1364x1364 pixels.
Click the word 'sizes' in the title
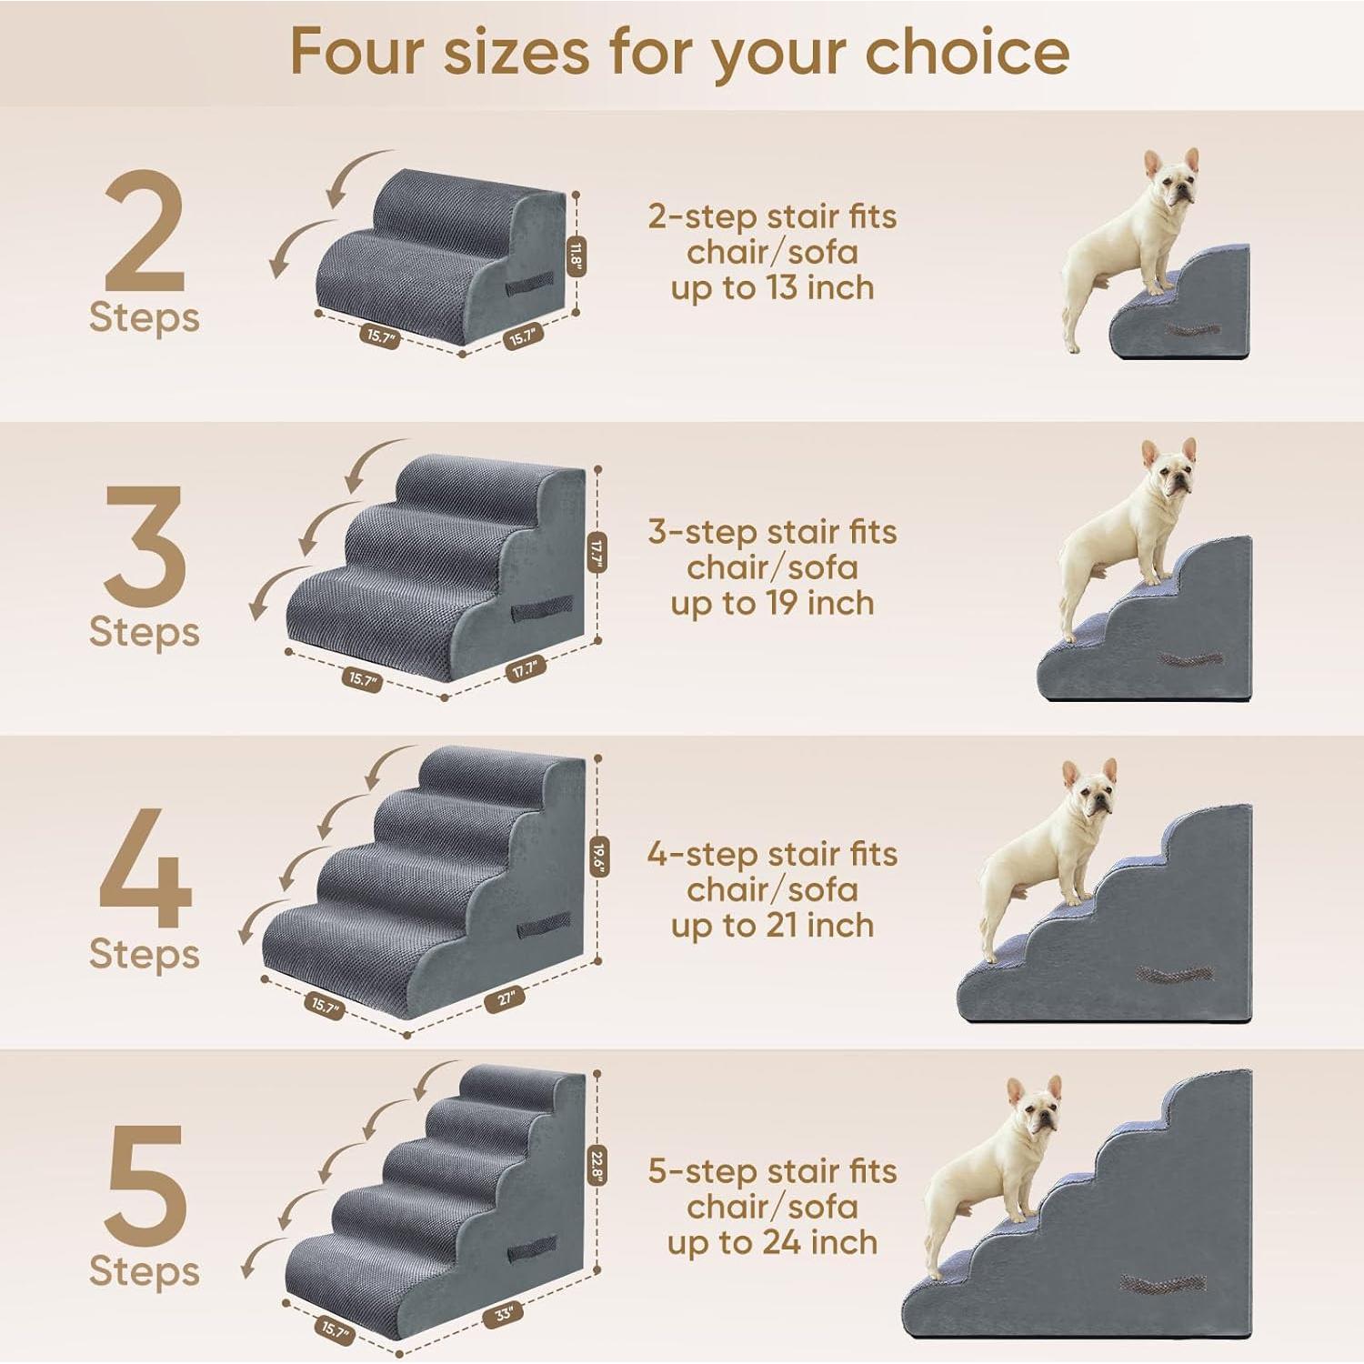coord(516,52)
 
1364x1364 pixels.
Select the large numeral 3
coord(145,546)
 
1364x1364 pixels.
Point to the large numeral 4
coord(145,868)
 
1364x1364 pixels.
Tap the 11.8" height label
coord(575,254)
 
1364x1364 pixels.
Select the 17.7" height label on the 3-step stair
coord(597,551)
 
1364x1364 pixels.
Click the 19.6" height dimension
coord(597,856)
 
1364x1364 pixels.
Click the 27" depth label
coord(506,998)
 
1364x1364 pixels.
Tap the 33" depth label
coord(504,1314)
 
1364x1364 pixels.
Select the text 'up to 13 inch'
coord(772,288)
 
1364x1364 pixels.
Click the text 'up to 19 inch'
coord(772,603)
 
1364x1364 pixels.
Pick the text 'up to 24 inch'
coord(772,1242)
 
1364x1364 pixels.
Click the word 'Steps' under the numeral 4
coord(145,954)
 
